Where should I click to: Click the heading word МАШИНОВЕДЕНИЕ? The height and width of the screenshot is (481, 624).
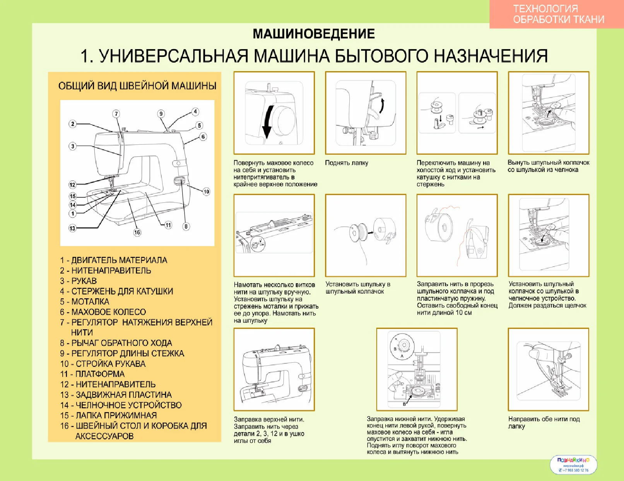point(313,34)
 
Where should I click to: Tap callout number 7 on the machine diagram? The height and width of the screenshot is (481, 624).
point(116,114)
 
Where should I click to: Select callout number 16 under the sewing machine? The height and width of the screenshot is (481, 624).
point(137,232)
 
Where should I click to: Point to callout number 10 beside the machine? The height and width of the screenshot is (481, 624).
point(206,192)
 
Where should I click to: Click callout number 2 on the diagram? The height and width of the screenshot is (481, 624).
point(72,124)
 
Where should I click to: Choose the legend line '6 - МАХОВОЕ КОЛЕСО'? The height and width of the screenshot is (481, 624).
point(103,312)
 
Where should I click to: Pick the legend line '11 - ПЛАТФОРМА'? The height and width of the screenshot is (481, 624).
point(92,374)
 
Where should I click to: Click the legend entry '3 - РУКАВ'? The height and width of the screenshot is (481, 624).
point(79,281)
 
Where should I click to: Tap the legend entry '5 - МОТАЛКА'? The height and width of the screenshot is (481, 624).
point(85,301)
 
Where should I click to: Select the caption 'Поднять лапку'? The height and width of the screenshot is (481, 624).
point(346,163)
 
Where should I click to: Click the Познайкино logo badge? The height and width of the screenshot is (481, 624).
point(573,464)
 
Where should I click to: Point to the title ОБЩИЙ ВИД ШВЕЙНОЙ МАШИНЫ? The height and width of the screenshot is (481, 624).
point(137,86)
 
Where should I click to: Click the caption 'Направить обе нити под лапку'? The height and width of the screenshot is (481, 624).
point(544,423)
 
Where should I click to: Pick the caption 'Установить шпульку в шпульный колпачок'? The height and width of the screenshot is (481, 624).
point(357,288)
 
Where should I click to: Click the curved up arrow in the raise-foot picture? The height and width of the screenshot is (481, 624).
point(382,105)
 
